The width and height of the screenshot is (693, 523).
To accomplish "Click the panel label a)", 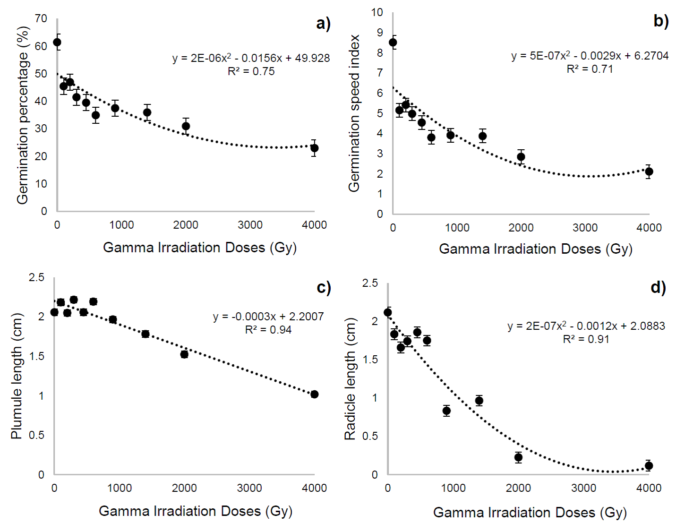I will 323,23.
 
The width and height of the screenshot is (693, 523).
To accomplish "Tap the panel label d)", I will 658,287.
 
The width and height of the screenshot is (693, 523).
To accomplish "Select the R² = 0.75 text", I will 251,71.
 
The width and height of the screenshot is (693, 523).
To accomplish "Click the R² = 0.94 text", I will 268,330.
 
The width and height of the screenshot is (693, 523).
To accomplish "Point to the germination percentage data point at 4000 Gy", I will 314,148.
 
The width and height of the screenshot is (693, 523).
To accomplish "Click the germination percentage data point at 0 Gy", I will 57,43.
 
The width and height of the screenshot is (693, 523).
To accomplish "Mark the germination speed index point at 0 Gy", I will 393,43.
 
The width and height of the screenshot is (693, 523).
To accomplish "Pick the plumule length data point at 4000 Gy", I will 315,394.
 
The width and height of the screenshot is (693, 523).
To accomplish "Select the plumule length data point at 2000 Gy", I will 184,354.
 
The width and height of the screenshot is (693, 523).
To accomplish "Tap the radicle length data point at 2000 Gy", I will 518,457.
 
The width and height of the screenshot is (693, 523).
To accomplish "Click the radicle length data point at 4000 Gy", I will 649,466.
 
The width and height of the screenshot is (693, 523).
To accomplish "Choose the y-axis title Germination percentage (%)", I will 23,115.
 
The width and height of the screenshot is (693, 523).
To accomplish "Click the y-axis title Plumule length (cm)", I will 17,376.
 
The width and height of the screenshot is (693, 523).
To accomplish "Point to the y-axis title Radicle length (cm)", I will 350,379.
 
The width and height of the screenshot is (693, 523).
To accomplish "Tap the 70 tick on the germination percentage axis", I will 41,18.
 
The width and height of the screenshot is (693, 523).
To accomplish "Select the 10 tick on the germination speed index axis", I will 376,12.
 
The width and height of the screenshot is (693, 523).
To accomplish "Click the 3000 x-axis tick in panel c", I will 249,488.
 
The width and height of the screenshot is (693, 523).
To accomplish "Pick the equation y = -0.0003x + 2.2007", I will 268,317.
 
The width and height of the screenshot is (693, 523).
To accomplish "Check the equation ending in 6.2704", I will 590,56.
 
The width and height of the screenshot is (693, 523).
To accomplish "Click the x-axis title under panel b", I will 535,249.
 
